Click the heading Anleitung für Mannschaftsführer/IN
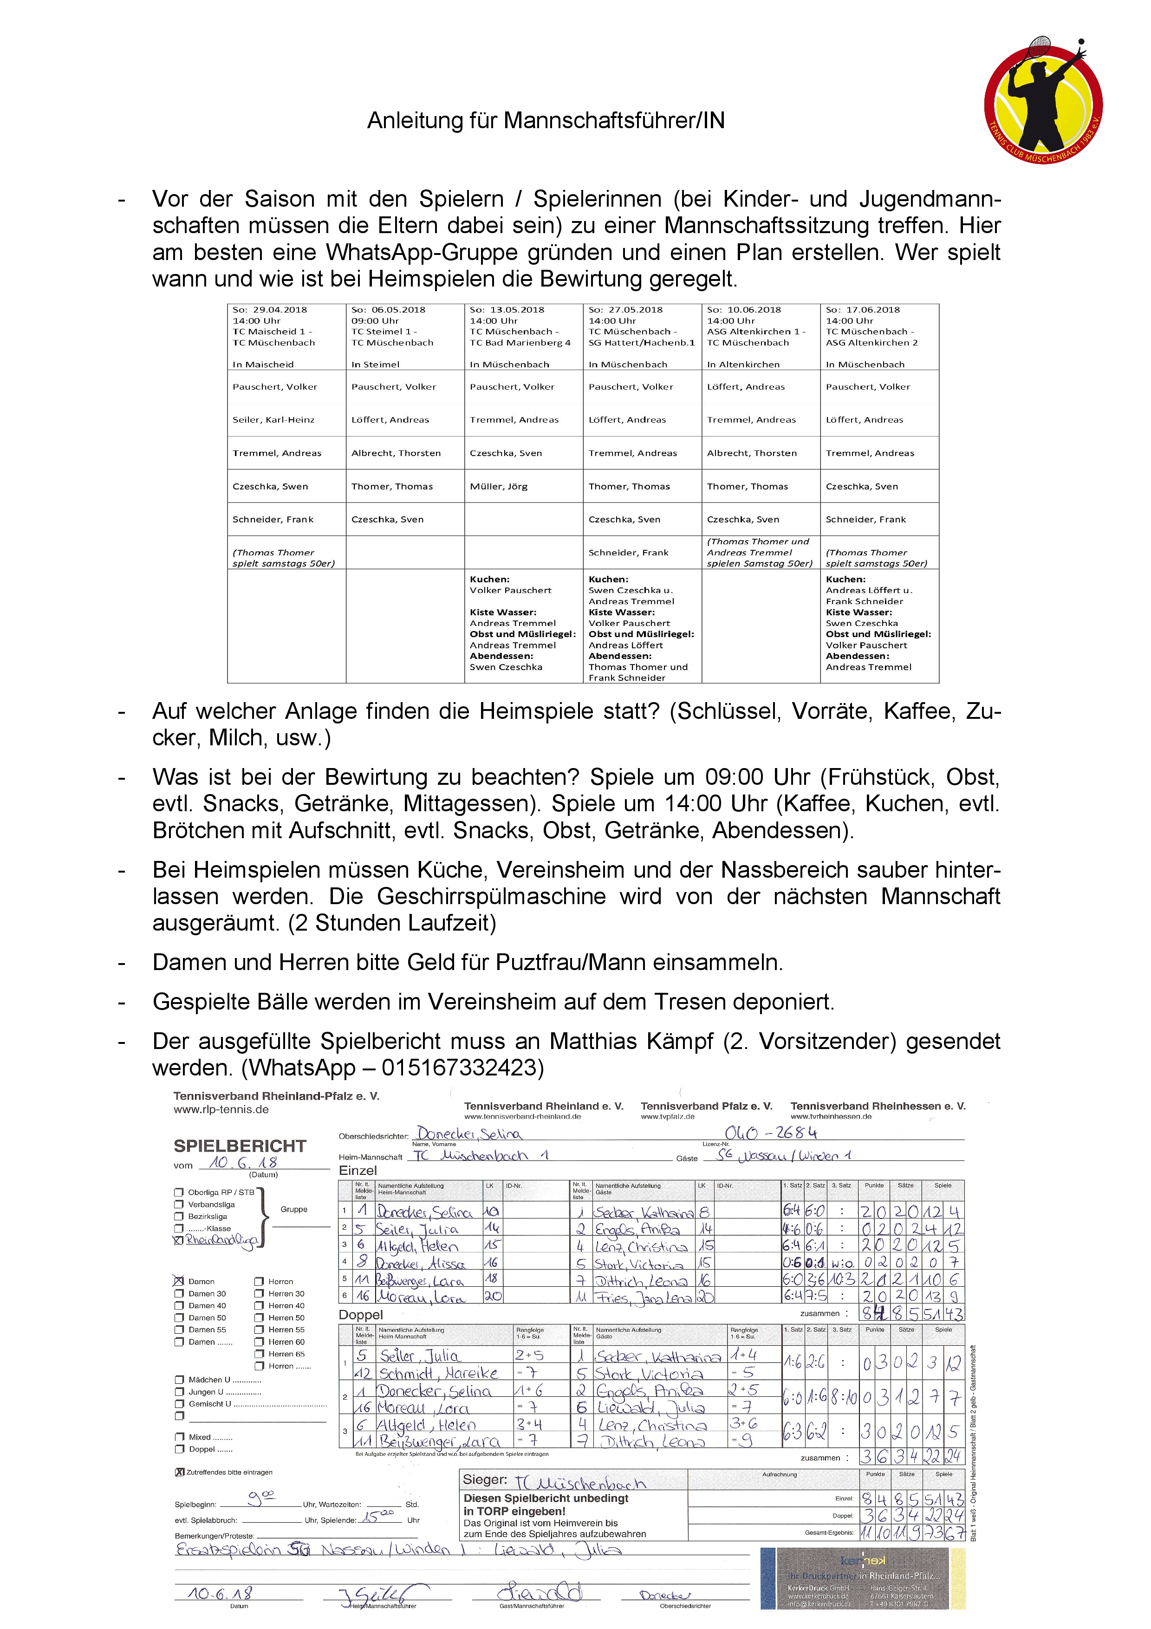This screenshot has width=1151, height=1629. point(546,121)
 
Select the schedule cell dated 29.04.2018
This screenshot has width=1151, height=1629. point(286,336)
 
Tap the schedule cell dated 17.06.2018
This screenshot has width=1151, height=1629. point(879,336)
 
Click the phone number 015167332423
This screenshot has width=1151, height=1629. point(462,1067)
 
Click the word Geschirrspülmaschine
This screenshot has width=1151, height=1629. point(491,896)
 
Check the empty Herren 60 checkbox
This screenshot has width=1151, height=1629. point(259,1342)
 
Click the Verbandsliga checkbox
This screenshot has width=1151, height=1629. point(179,1205)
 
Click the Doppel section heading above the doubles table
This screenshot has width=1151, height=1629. point(360,1315)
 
